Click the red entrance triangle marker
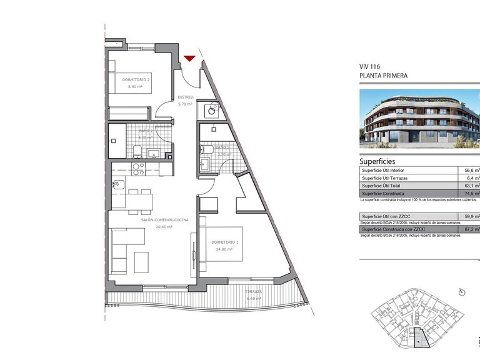190,59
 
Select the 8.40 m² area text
136,87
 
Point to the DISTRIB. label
185,97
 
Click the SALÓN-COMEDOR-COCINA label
148,220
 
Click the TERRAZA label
254,292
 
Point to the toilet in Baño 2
137,150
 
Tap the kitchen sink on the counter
117,184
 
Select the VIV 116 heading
370,66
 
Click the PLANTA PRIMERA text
383,76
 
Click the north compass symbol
462,292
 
